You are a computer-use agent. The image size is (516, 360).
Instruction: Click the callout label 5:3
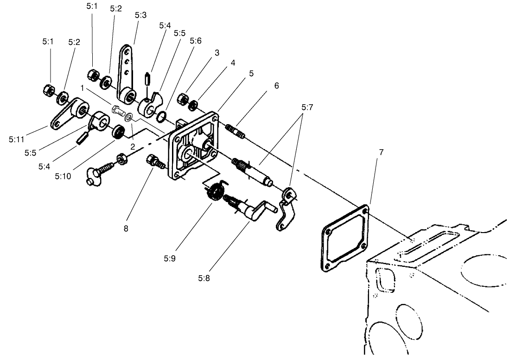(x=140, y=15)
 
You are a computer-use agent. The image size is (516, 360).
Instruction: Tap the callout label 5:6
(x=195, y=41)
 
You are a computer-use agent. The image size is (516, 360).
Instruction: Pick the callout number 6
(x=276, y=86)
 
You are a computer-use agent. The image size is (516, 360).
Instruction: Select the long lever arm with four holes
(x=127, y=74)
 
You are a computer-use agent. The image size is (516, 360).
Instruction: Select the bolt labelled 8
(x=154, y=162)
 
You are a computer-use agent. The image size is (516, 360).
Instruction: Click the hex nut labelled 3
(x=184, y=99)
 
